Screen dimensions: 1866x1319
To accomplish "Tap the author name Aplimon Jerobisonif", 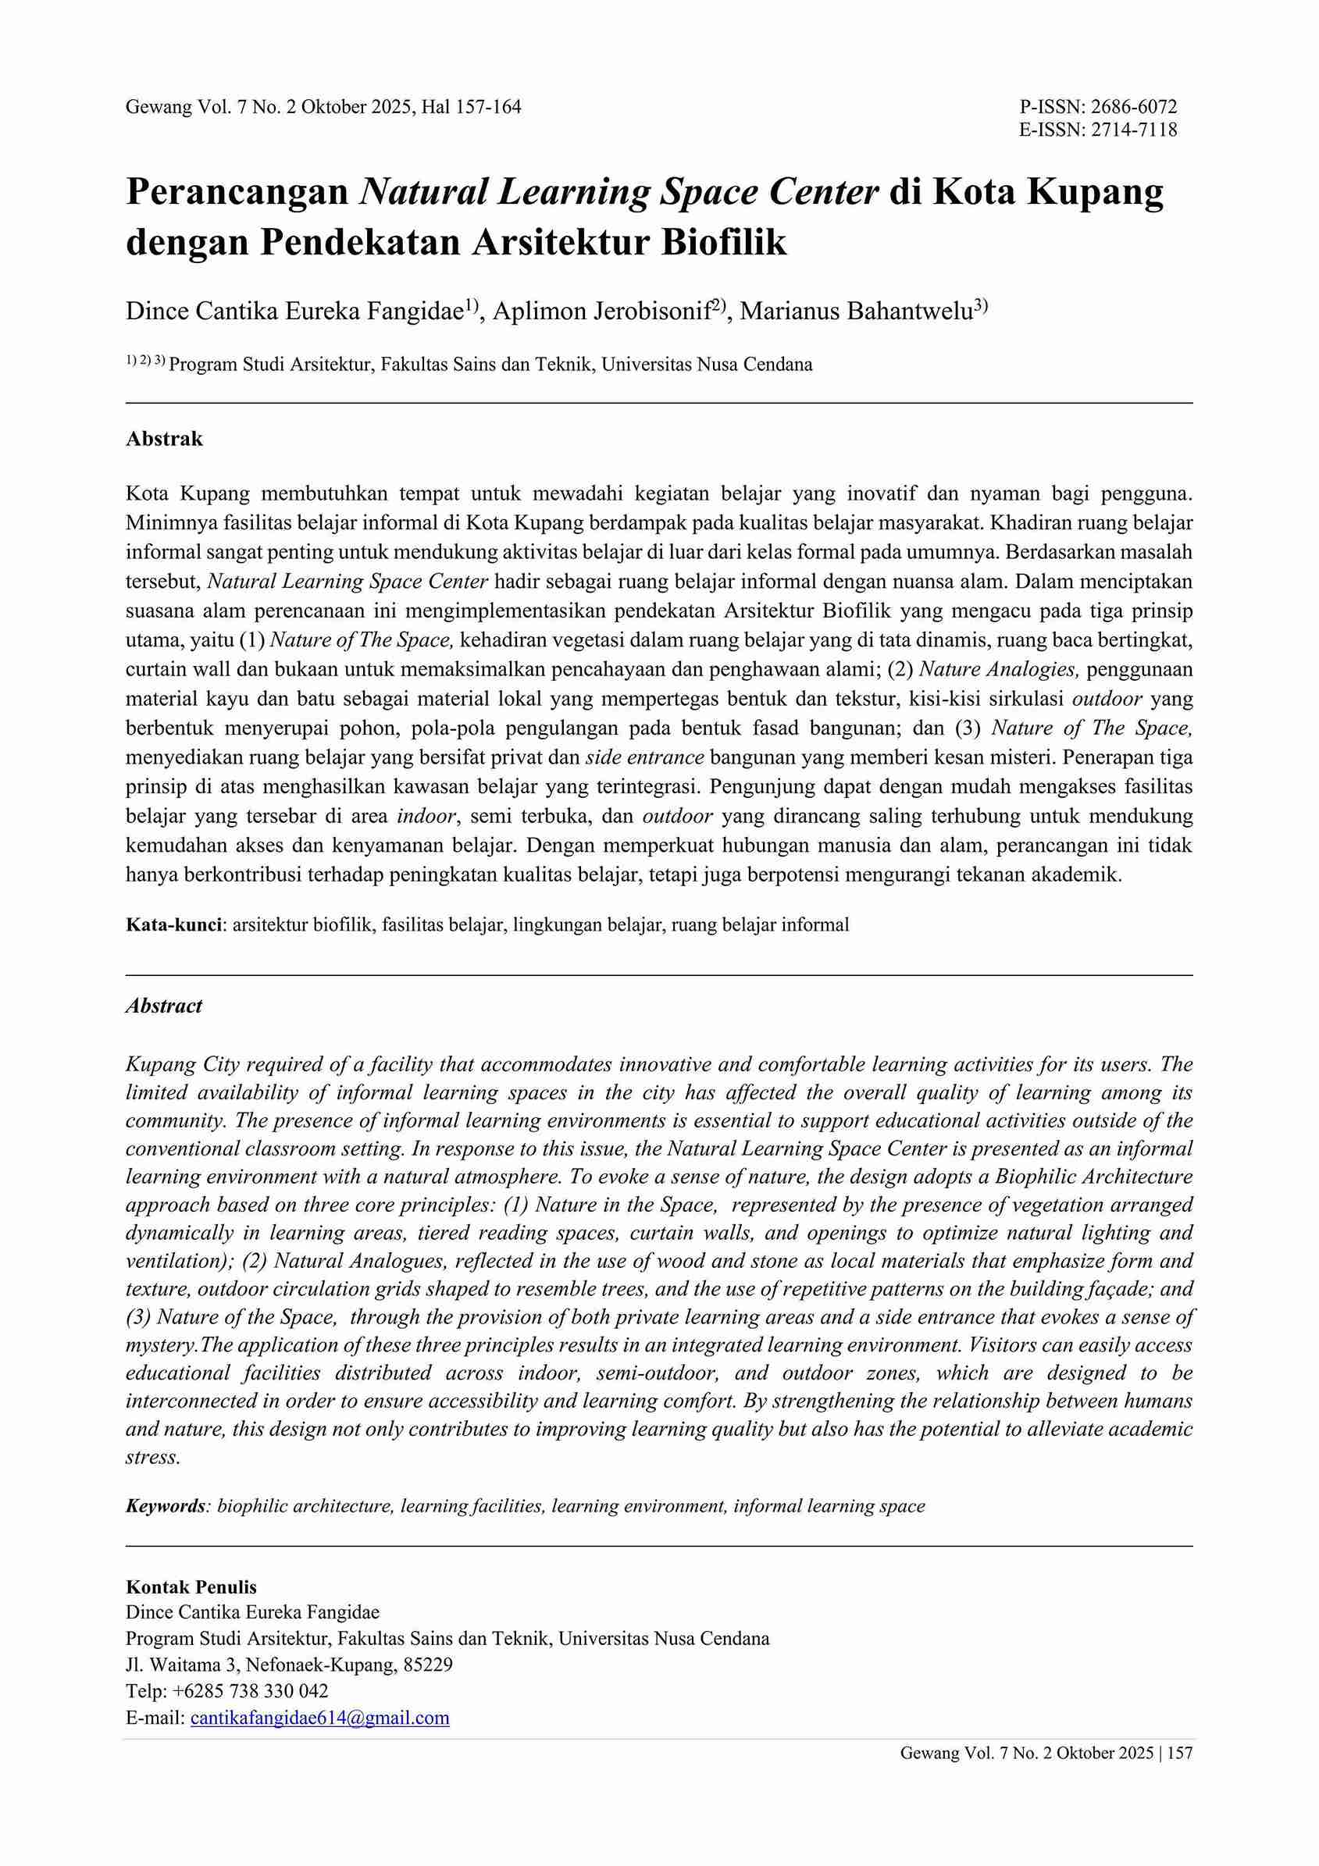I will tap(601, 312).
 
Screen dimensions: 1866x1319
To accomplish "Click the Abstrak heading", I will tap(164, 439).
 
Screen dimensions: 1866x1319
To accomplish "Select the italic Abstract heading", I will tap(164, 1006).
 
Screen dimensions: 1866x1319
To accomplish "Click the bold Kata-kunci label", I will tap(174, 924).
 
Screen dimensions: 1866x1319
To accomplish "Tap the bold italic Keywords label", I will tap(165, 1506).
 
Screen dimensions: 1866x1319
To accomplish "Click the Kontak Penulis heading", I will tap(191, 1587).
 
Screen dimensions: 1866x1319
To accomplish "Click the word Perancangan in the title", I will tap(237, 192).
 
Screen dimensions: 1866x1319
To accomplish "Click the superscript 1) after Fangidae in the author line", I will tap(472, 305).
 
